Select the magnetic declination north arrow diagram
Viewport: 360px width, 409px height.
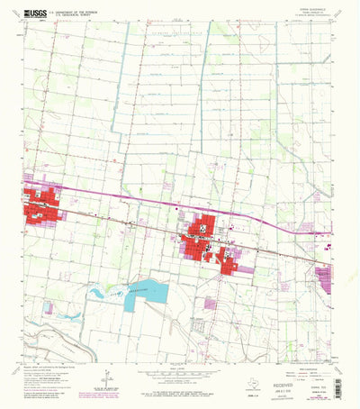[x=105, y=377]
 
